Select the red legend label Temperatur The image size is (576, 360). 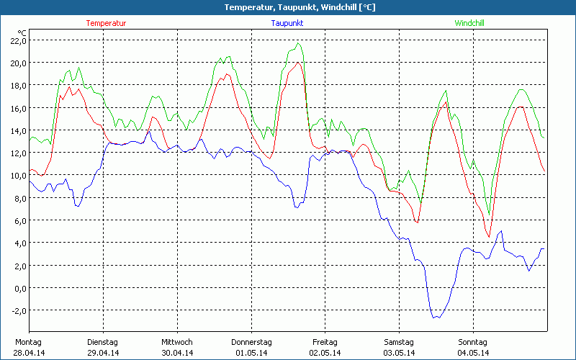pyautogui.click(x=106, y=23)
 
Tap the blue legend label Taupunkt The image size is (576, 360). pyautogui.click(x=287, y=23)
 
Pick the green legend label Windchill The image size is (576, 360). pyautogui.click(x=469, y=23)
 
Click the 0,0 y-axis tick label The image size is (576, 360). pyautogui.click(x=18, y=288)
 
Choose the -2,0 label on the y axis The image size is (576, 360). pyautogui.click(x=17, y=310)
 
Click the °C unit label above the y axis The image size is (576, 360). pyautogui.click(x=22, y=32)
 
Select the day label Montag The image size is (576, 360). pyautogui.click(x=28, y=342)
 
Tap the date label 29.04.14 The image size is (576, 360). pyautogui.click(x=102, y=353)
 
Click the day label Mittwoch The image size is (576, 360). pyautogui.click(x=177, y=342)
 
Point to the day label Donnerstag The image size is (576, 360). pyautogui.click(x=251, y=342)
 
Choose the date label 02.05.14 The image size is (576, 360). pyautogui.click(x=325, y=353)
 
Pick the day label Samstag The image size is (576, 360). pyautogui.click(x=399, y=342)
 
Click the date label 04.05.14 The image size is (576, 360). pyautogui.click(x=473, y=353)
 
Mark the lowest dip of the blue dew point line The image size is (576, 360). pyautogui.click(x=435, y=318)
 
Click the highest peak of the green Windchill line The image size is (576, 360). pyautogui.click(x=298, y=43)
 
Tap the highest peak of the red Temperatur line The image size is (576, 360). pyautogui.click(x=297, y=63)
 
